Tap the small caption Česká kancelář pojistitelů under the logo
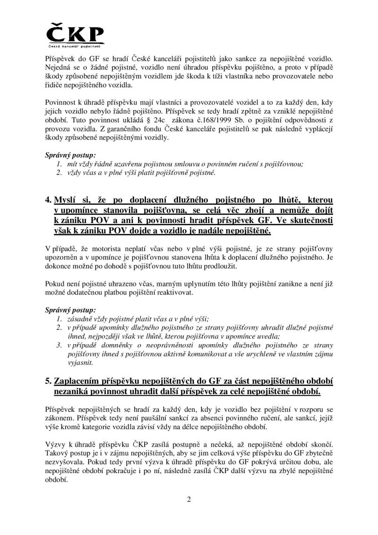coord(75,46)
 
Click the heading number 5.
coord(48,383)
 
